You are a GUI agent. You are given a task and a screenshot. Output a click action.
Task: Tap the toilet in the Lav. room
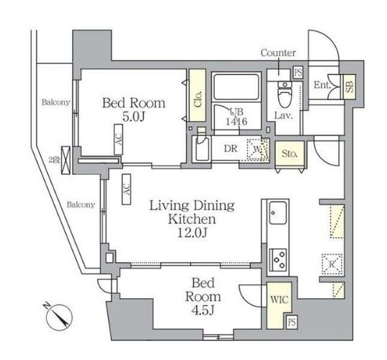285,94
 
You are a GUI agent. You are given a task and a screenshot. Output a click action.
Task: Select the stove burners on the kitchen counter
277,257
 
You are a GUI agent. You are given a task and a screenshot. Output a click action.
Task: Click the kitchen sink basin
277,215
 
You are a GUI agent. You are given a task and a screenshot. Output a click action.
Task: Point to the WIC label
277,297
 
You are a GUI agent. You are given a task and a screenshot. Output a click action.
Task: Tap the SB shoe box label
349,86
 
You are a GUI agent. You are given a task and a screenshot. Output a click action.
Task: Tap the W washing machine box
257,150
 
